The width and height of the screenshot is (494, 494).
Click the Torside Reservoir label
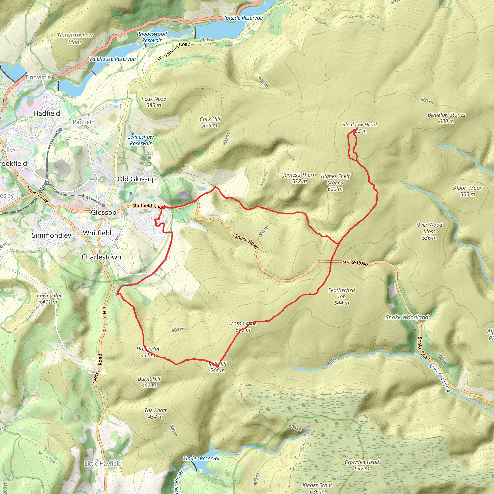tap(243, 18)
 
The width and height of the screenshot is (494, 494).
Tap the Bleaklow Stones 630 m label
tap(446, 118)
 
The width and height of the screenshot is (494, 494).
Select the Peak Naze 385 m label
tap(154, 102)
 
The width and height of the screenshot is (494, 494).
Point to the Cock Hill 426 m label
tap(210, 123)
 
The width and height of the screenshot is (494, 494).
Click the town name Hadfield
tap(47, 113)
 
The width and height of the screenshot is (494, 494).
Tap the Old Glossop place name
tap(137, 179)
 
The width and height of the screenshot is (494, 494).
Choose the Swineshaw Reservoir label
tap(141, 140)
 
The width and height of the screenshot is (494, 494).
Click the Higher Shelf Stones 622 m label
tap(335, 183)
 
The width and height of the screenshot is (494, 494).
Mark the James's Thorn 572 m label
tap(299, 178)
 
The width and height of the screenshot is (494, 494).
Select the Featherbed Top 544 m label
tap(342, 297)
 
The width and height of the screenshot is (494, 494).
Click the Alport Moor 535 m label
tap(467, 191)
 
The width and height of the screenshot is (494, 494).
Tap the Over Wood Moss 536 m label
tap(429, 231)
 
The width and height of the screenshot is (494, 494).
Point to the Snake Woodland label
tap(407, 317)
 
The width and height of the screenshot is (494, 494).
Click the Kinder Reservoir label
tap(202, 459)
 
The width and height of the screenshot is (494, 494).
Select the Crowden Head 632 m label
tap(362, 465)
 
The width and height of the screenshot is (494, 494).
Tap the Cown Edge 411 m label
tap(50, 299)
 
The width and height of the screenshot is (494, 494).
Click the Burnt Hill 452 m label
tap(149, 382)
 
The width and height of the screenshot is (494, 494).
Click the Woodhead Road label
tap(174, 51)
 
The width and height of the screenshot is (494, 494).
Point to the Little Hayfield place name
tap(103, 464)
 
